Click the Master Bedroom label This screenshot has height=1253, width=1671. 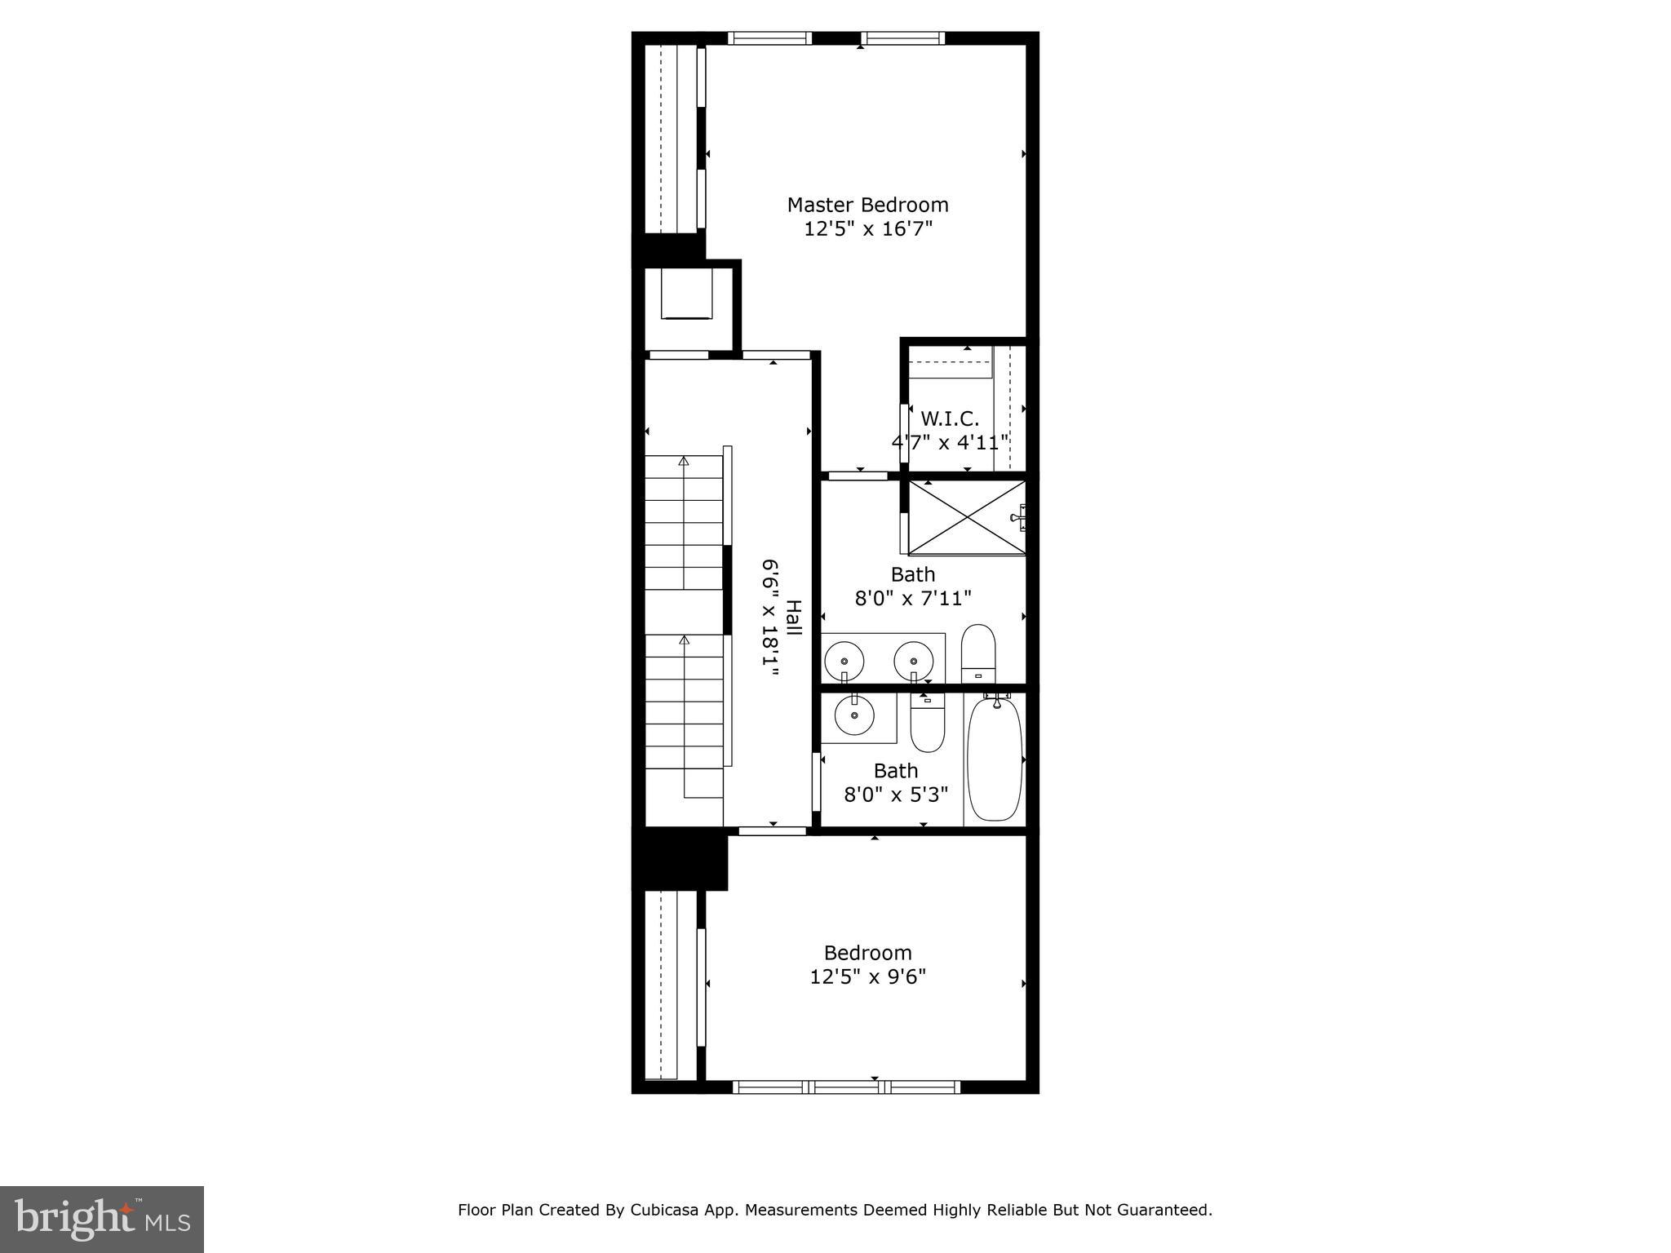[867, 205]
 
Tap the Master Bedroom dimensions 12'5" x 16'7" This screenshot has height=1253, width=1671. [867, 229]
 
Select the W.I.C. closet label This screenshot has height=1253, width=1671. [950, 419]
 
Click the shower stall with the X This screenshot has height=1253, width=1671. [967, 517]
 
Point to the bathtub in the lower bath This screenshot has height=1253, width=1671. [995, 759]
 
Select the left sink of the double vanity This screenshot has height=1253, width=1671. [844, 661]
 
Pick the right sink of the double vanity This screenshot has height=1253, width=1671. [913, 661]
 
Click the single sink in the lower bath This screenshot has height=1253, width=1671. [854, 715]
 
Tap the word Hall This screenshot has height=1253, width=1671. [793, 619]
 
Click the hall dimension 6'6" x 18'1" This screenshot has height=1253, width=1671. [770, 618]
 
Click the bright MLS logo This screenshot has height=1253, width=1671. [102, 1220]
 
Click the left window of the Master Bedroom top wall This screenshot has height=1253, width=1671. [769, 38]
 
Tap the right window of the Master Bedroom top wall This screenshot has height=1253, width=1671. [902, 38]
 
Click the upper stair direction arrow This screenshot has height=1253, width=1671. [684, 462]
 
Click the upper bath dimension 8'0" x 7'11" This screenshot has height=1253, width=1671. [913, 599]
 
